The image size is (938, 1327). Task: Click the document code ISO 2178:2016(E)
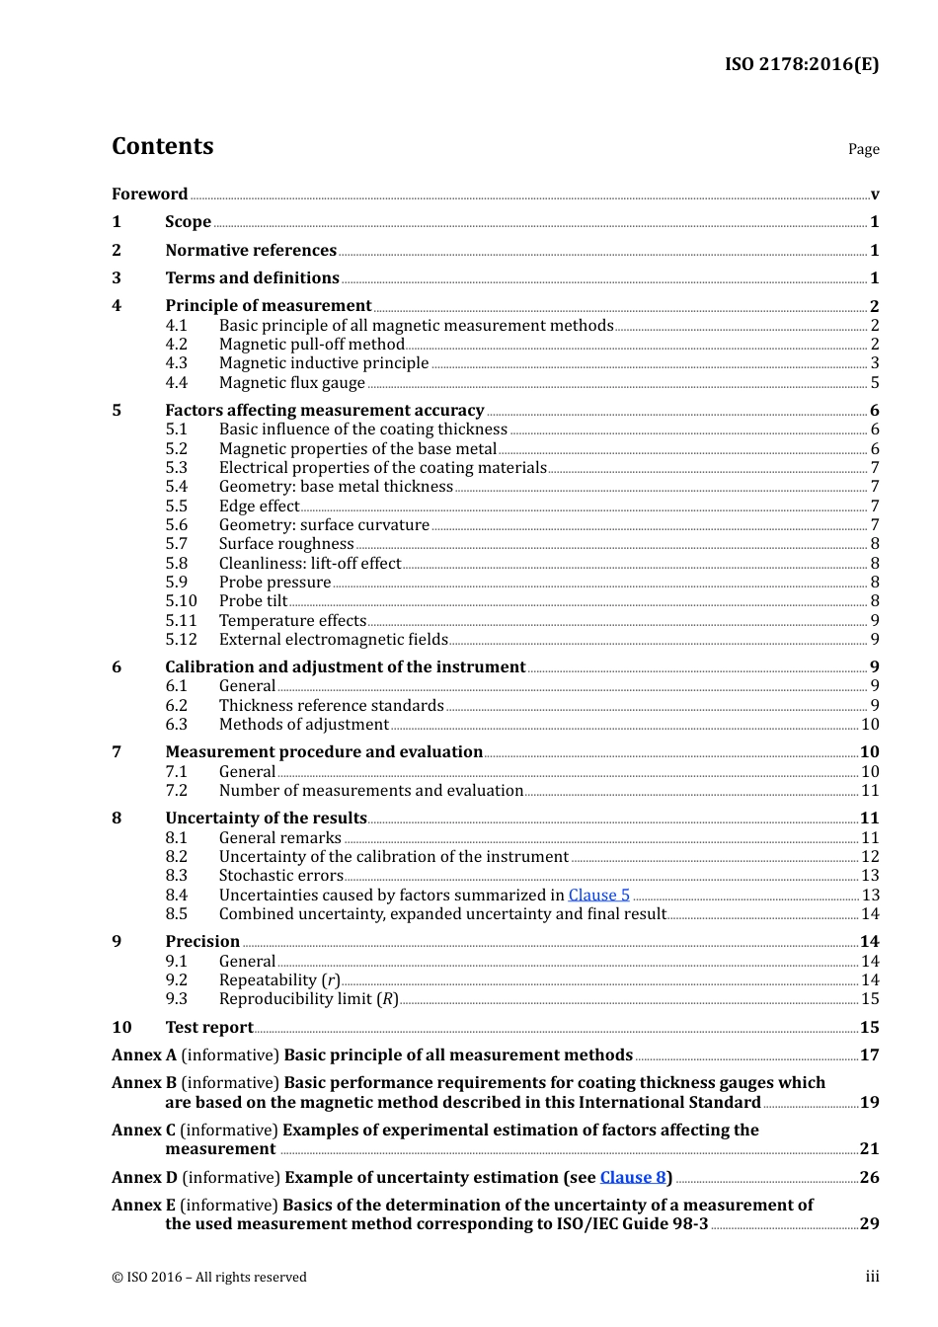click(801, 64)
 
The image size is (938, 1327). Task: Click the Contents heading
click(162, 146)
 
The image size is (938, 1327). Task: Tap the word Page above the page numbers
click(863, 149)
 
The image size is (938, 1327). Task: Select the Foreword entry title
click(149, 194)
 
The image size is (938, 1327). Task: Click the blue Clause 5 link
click(598, 895)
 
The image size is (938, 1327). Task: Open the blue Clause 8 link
click(632, 1177)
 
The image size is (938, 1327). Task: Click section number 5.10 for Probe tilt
click(181, 601)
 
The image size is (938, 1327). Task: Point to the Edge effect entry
click(259, 506)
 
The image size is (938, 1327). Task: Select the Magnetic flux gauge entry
click(291, 382)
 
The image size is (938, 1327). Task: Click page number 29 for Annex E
click(869, 1223)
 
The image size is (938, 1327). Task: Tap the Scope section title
click(188, 222)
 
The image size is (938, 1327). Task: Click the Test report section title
click(209, 1027)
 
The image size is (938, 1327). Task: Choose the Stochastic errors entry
click(280, 876)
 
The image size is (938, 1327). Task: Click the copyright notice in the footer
click(209, 1277)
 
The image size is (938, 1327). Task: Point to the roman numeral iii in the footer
click(872, 1277)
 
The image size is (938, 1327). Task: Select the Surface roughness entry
click(286, 544)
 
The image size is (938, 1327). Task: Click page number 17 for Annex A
click(869, 1054)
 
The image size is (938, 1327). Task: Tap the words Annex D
click(144, 1177)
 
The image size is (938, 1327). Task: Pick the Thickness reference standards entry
click(331, 706)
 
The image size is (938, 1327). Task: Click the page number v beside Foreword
click(875, 195)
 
